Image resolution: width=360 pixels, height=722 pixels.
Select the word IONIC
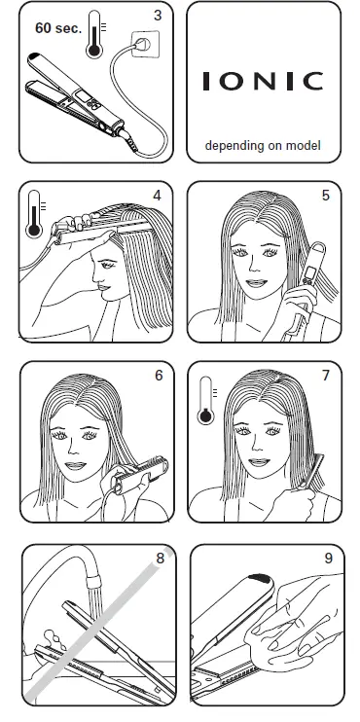pyautogui.click(x=263, y=82)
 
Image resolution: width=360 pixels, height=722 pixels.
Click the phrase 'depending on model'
pyautogui.click(x=263, y=147)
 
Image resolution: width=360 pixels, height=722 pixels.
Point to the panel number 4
pyautogui.click(x=156, y=195)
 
